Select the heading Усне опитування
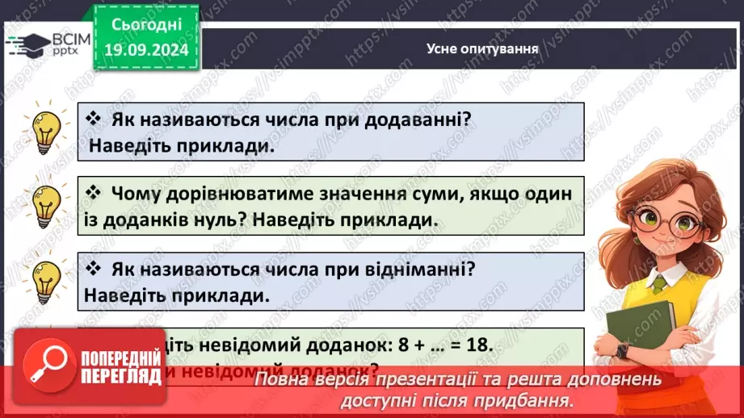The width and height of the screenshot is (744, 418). pyautogui.click(x=482, y=48)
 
